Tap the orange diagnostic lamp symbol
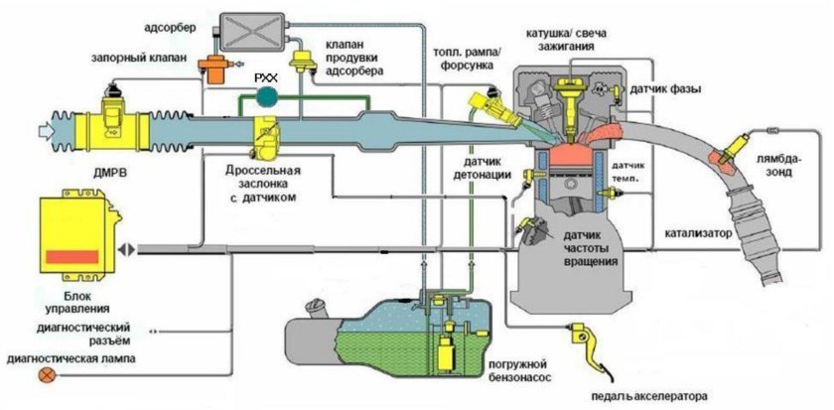45,374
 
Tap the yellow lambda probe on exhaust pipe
734,147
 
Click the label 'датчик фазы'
665,89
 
